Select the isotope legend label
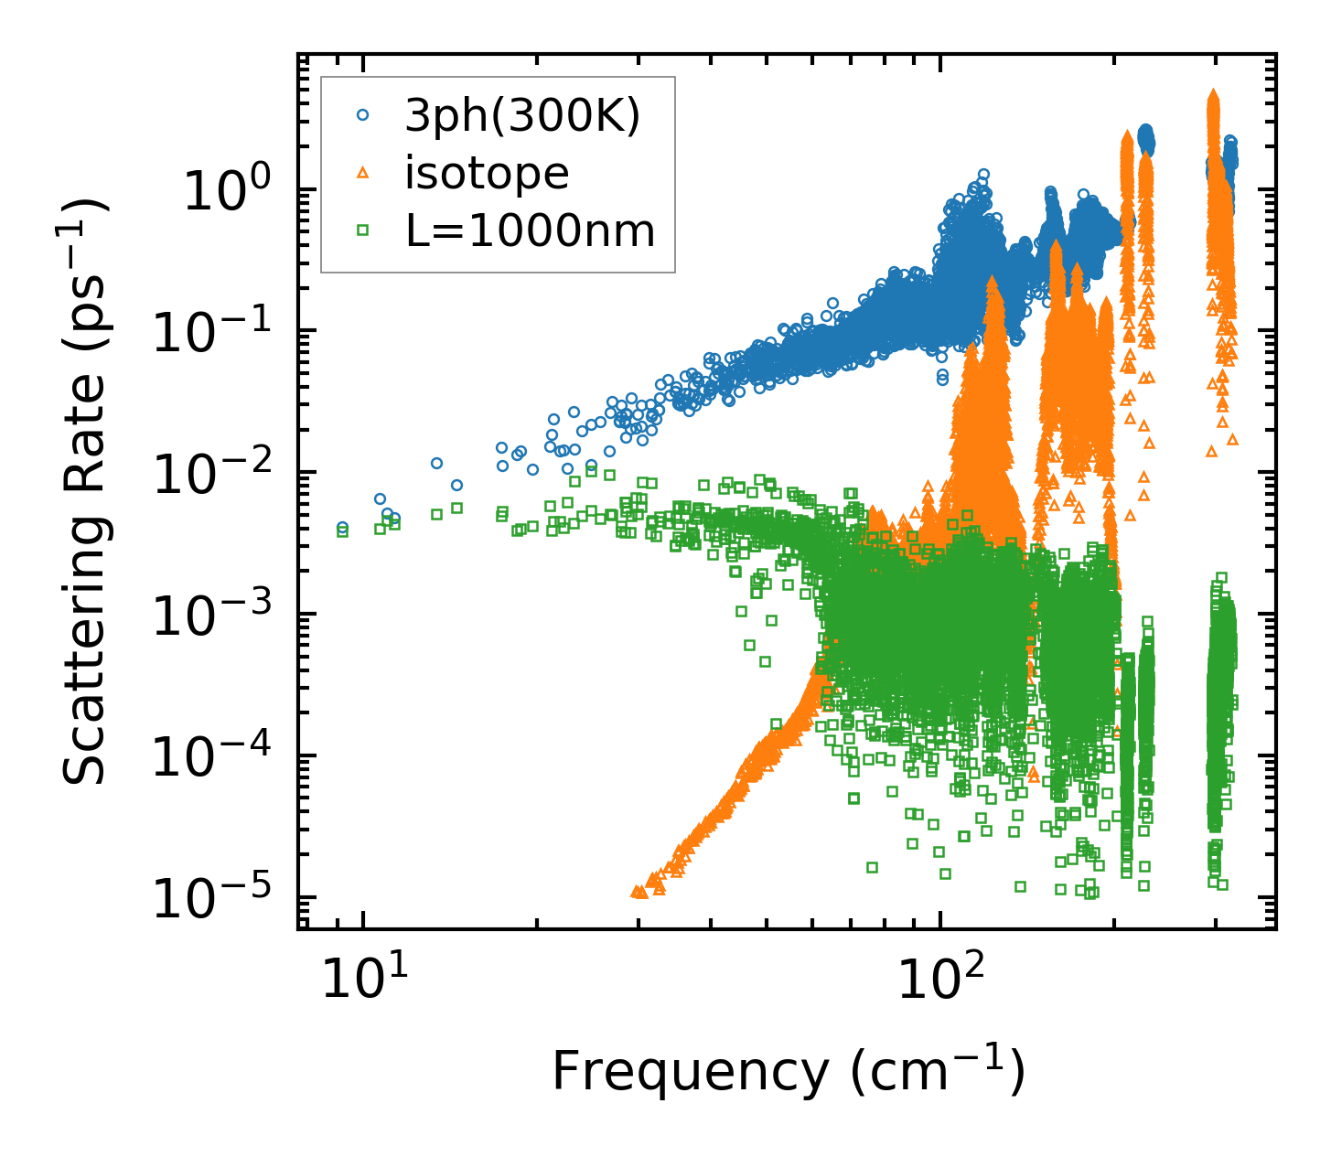point(487,173)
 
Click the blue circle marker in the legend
point(363,115)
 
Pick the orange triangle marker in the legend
point(363,173)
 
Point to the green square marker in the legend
point(363,230)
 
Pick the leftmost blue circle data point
point(342,527)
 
